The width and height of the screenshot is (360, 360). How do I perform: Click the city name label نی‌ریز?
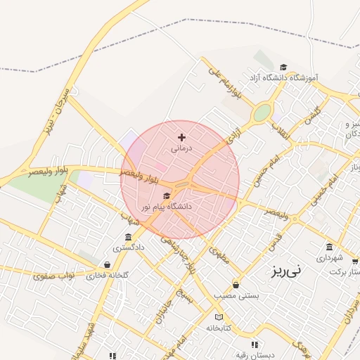pyautogui.click(x=286, y=269)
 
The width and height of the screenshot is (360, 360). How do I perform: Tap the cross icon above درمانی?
pyautogui.click(x=181, y=137)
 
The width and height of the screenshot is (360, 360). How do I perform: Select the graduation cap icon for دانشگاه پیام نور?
pyautogui.click(x=167, y=195)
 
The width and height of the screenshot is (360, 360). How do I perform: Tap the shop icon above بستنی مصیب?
pyautogui.click(x=235, y=285)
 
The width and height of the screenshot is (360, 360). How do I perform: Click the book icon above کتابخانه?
pyautogui.click(x=219, y=317)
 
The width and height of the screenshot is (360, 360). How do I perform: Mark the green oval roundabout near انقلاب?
pyautogui.click(x=262, y=112)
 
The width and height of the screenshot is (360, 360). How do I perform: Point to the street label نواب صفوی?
pyautogui.click(x=53, y=275)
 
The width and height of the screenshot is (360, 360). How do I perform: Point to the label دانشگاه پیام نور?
pyautogui.click(x=166, y=207)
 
